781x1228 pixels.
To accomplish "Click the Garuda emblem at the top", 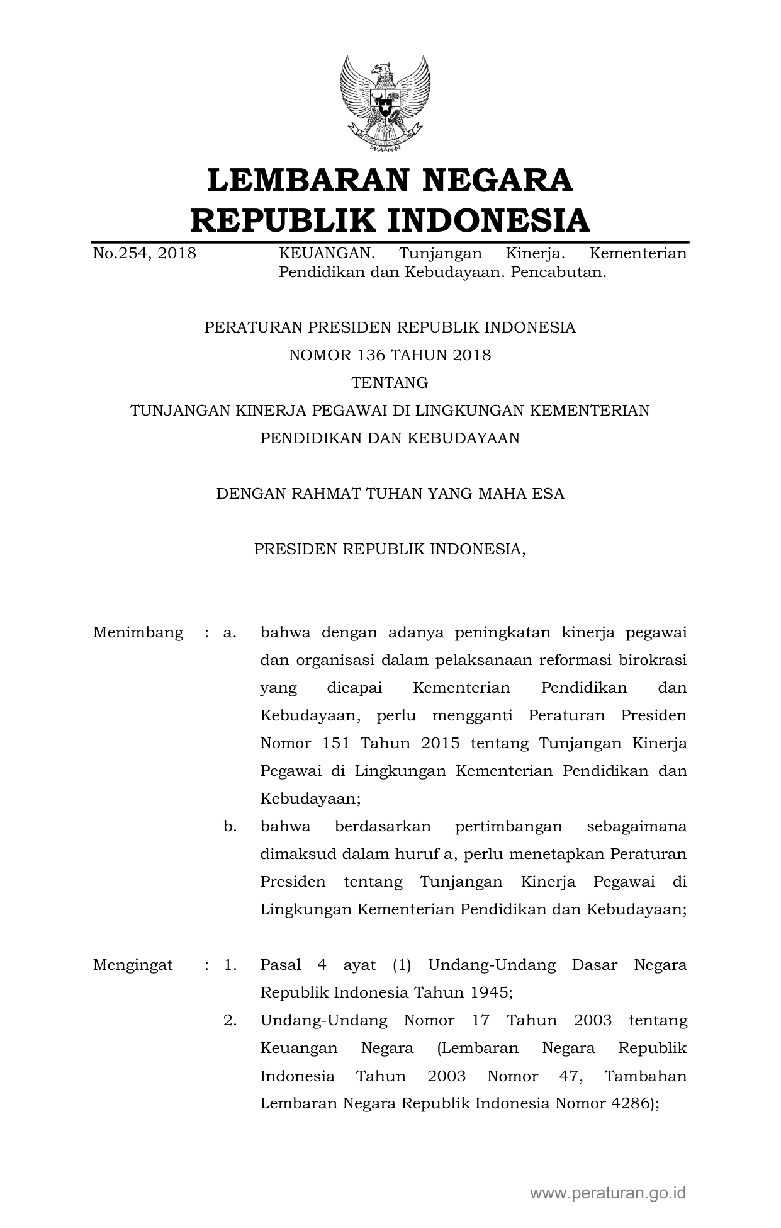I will click(x=385, y=104).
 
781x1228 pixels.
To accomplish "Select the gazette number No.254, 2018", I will click(x=144, y=254).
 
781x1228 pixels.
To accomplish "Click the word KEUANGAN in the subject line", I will click(x=327, y=254).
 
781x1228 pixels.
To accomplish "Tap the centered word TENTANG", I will click(x=390, y=383).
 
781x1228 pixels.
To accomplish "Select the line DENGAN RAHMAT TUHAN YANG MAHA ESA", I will click(x=390, y=494).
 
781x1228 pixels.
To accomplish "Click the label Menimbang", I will click(x=138, y=632).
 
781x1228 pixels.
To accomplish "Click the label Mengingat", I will click(x=133, y=965).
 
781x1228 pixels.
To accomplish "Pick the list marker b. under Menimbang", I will click(x=230, y=826).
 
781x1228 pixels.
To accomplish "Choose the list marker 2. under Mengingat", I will click(x=230, y=1020).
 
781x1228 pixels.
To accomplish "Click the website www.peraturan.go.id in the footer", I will click(x=607, y=1192).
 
